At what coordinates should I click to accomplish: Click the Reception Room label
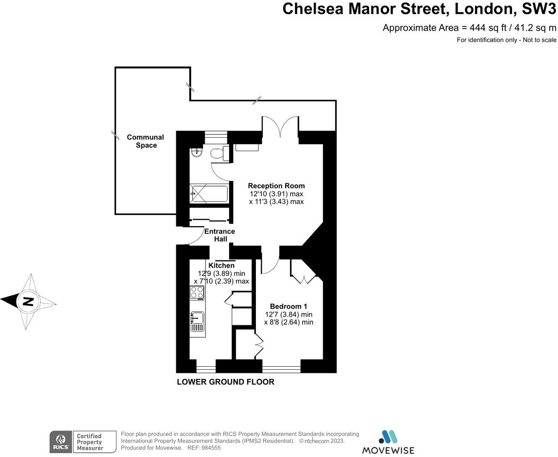click(x=276, y=186)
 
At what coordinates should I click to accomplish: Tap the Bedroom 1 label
click(x=289, y=306)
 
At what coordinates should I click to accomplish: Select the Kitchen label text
click(x=221, y=265)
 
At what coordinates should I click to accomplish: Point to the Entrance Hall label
click(x=219, y=235)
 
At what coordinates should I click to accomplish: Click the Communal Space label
click(x=145, y=141)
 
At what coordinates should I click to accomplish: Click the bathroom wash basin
click(x=196, y=153)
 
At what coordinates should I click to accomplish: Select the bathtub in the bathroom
click(x=209, y=194)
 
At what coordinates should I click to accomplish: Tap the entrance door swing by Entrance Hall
click(x=189, y=236)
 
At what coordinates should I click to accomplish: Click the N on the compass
click(x=28, y=301)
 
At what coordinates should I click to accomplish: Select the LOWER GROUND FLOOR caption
click(x=225, y=382)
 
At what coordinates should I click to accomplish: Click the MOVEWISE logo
click(x=388, y=443)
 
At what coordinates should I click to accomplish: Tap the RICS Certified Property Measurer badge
click(x=83, y=442)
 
